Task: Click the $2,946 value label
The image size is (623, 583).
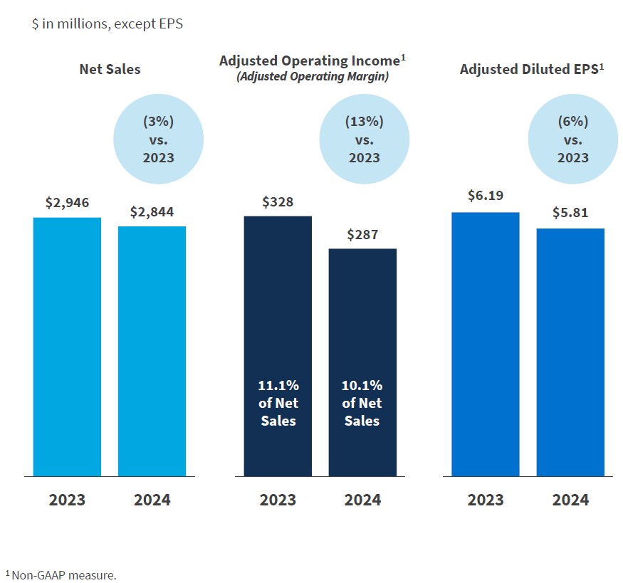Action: (x=67, y=203)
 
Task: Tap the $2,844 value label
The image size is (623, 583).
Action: (x=152, y=212)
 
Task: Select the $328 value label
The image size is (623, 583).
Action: (x=278, y=202)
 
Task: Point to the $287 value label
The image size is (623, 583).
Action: (x=362, y=235)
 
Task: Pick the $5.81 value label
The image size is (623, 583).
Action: (x=570, y=213)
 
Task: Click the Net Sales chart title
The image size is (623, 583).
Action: (x=110, y=69)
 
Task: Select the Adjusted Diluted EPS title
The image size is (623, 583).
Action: (x=532, y=69)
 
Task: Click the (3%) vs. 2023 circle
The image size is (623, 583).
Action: (x=159, y=140)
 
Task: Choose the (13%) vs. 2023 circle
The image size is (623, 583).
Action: (x=365, y=140)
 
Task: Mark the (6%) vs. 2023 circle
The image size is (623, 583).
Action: (x=573, y=140)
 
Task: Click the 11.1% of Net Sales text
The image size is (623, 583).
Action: (x=278, y=403)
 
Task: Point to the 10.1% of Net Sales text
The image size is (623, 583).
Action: (x=362, y=403)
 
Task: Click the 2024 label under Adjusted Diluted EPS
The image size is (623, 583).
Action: (x=570, y=500)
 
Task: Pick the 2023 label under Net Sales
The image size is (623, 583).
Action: (x=67, y=500)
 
